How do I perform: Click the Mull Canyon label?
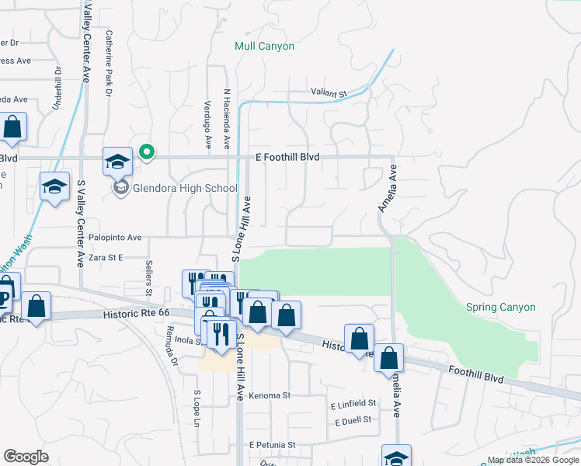264,47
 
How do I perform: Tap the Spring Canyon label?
500,308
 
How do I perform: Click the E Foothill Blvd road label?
287,157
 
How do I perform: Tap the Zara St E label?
106,257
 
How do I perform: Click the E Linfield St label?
353,404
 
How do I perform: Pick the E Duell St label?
353,420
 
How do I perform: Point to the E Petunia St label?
273,445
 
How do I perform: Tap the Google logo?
26,457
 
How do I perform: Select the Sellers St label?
148,273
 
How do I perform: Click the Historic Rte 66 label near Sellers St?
135,315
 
